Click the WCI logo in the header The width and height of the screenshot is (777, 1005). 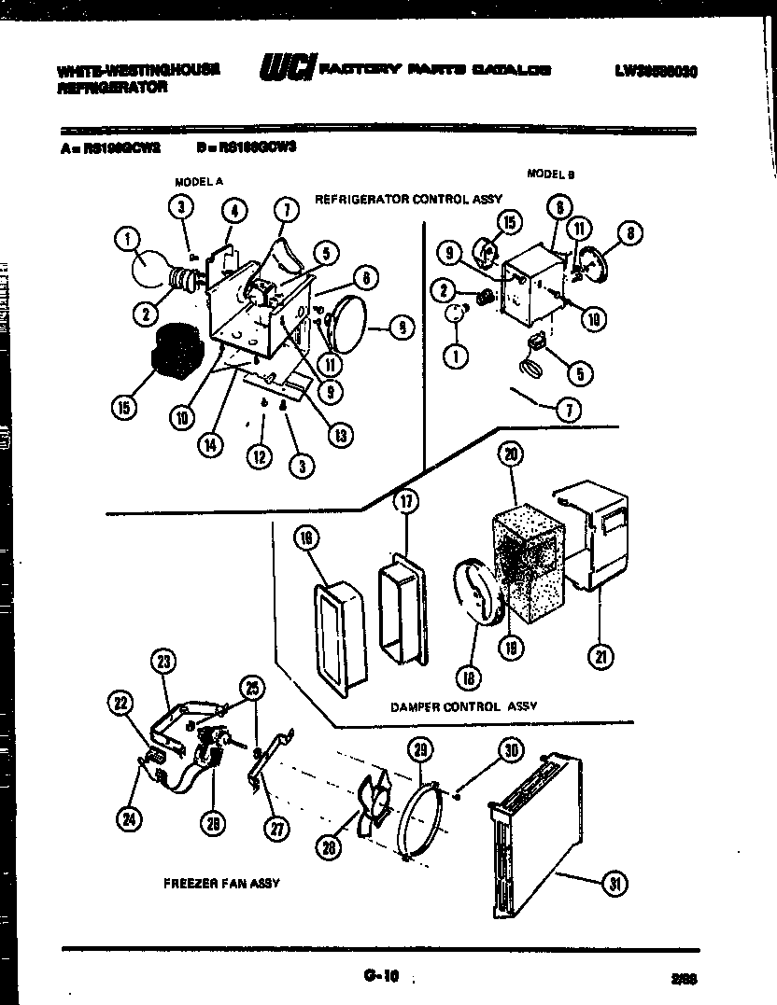(286, 70)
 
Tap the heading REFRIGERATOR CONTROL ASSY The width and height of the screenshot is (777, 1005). (408, 199)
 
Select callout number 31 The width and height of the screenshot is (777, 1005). (614, 885)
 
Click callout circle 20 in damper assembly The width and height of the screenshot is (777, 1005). (510, 455)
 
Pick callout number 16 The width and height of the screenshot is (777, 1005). (305, 537)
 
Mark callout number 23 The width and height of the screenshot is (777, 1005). (163, 663)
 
